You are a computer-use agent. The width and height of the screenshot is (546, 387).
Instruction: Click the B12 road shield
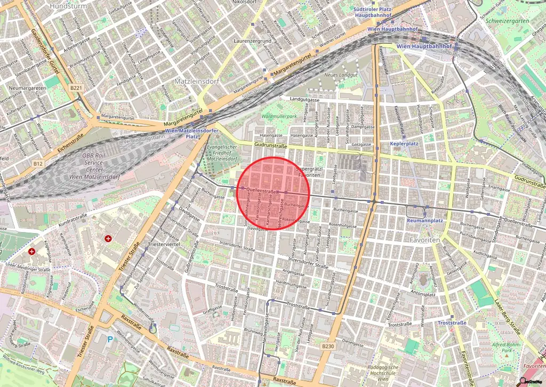37,164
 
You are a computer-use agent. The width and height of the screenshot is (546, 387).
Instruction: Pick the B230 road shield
328,346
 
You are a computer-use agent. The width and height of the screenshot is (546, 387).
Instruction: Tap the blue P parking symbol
110,338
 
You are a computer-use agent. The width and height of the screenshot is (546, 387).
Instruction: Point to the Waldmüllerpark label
279,116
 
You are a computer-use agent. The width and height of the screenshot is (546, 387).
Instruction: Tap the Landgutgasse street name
304,99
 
